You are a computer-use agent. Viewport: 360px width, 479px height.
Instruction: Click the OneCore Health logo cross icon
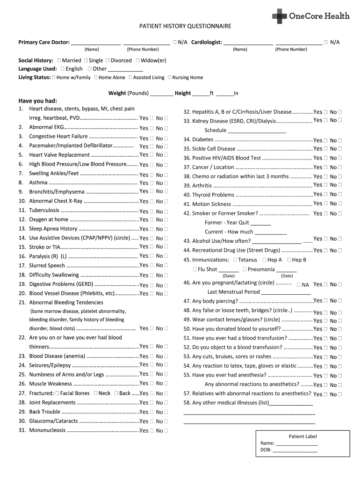[x=279, y=16]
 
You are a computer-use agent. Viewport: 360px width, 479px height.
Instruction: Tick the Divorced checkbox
[x=108, y=60]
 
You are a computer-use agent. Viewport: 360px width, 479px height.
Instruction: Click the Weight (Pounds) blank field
[x=162, y=94]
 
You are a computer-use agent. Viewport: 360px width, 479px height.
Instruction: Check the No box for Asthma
[x=166, y=183]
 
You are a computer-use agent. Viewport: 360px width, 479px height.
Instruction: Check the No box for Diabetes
[x=339, y=140]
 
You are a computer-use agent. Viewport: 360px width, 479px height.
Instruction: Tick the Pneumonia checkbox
[x=244, y=269]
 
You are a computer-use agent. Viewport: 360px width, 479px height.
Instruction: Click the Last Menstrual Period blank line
[x=286, y=292]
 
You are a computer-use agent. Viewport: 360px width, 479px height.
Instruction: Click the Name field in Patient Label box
[x=296, y=443]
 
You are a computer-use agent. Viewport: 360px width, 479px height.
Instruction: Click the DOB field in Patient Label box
[x=295, y=451]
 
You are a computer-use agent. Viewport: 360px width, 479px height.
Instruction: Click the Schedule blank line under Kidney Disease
[x=257, y=131]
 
